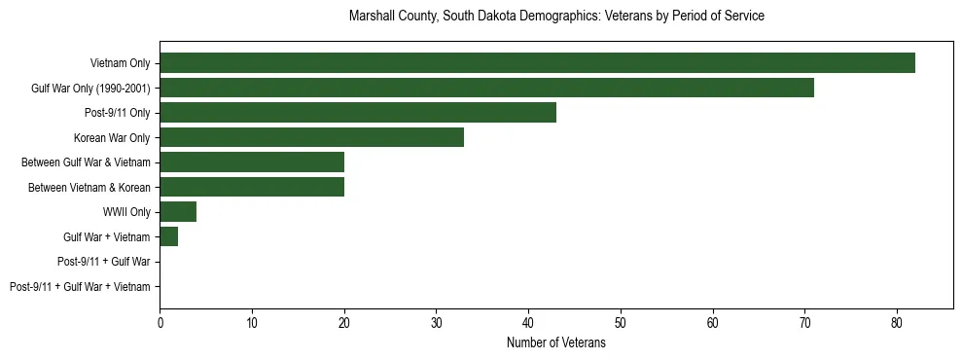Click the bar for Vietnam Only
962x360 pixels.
coord(537,63)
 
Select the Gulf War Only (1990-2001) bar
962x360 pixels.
coord(486,89)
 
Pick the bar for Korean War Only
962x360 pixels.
coord(311,137)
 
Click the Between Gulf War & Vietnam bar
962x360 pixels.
coord(252,162)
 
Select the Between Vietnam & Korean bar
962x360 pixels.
coord(252,187)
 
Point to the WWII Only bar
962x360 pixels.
coord(178,212)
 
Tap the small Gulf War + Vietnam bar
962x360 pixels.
coord(168,236)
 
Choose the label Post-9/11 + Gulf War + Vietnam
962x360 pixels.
coord(80,287)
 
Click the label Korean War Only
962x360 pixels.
coord(112,137)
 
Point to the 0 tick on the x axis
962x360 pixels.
coord(160,321)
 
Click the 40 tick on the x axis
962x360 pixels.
coord(528,321)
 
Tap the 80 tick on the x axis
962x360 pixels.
coord(897,321)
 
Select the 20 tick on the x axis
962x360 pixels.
coord(344,321)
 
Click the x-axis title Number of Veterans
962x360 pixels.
coord(555,342)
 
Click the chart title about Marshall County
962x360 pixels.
coord(555,17)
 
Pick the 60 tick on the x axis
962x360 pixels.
coord(713,321)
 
